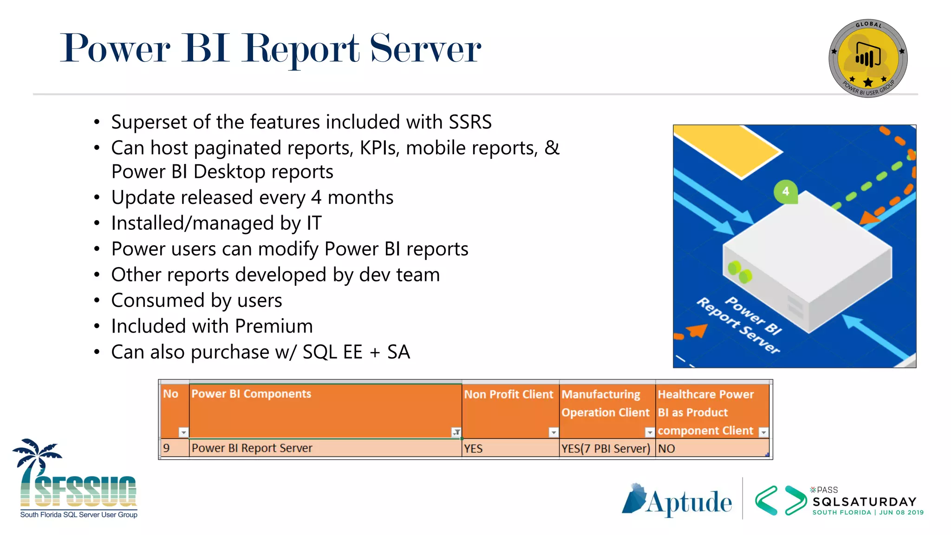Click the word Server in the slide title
click(425, 48)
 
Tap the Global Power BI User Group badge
click(867, 59)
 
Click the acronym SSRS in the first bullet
click(470, 122)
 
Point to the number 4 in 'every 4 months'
click(316, 198)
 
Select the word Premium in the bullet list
click(274, 326)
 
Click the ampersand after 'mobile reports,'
click(552, 148)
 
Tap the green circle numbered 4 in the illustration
click(785, 191)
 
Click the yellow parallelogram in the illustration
click(727, 150)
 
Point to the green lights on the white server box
click(740, 272)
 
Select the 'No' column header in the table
click(170, 394)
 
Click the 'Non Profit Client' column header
click(508, 394)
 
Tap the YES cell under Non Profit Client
click(473, 449)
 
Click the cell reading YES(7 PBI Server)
click(606, 449)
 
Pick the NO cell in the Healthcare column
click(666, 449)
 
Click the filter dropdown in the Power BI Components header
click(456, 432)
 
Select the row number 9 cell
click(167, 448)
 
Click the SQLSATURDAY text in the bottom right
click(864, 502)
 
